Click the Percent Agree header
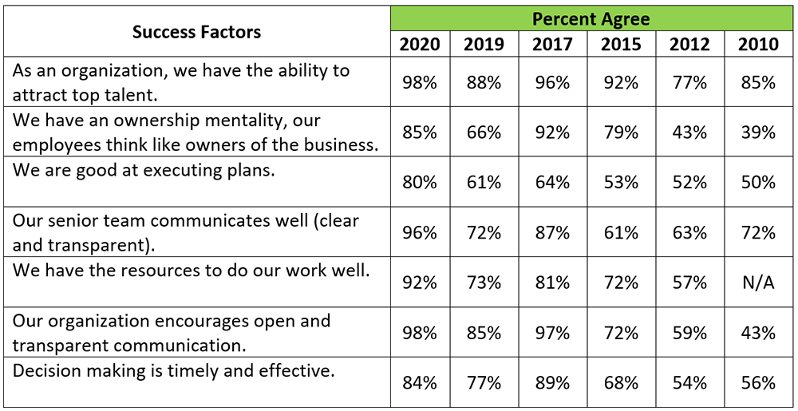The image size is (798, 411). (591, 18)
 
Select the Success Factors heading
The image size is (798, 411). (196, 32)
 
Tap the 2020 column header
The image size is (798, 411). (420, 44)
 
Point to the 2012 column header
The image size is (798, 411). (689, 44)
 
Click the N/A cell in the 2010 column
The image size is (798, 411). (757, 283)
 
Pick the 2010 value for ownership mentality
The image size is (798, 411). (757, 132)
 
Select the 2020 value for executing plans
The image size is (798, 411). (420, 183)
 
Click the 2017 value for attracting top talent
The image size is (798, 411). (554, 82)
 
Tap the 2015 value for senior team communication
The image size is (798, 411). (621, 232)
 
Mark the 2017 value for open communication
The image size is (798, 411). (554, 333)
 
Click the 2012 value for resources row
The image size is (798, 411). (689, 283)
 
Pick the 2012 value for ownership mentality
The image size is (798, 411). (689, 132)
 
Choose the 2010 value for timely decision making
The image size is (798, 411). (757, 382)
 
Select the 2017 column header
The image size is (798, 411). (554, 44)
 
